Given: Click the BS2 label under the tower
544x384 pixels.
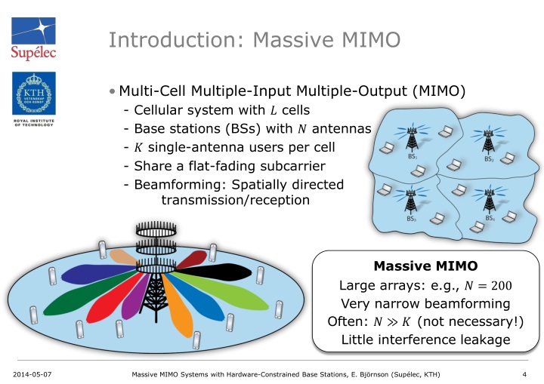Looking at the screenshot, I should [x=488, y=160].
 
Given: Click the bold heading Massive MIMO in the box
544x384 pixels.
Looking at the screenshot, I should [x=425, y=266].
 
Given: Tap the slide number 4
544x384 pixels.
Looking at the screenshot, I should [x=524, y=374].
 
